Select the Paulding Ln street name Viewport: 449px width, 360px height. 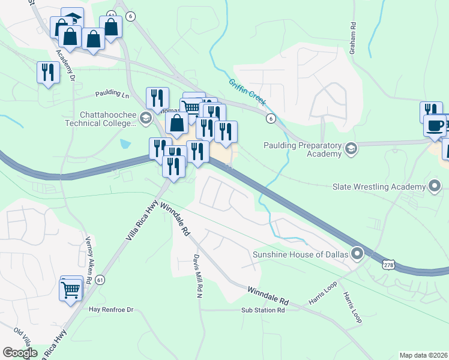click(112, 95)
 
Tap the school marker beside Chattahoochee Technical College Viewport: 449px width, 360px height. click(145, 118)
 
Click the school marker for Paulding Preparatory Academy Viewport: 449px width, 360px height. click(351, 148)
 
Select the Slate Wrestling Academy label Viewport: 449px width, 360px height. click(378, 187)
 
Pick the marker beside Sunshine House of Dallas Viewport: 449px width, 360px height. click(358, 254)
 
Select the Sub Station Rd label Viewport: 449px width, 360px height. click(262, 310)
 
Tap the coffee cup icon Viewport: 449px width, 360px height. click(435, 125)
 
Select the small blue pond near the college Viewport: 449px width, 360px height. click(124, 144)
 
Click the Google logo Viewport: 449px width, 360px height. click(20, 353)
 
